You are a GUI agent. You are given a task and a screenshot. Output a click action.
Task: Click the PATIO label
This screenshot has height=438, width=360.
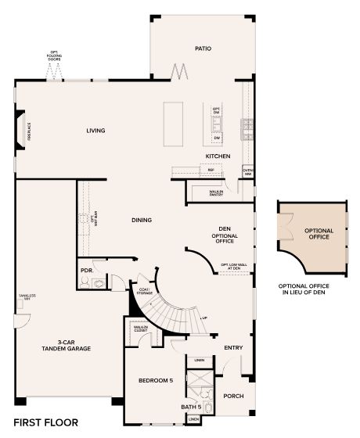point(203,48)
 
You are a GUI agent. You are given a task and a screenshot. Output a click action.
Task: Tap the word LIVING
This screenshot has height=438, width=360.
point(95,131)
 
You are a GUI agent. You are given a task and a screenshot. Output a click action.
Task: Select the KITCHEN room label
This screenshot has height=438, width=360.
point(217,156)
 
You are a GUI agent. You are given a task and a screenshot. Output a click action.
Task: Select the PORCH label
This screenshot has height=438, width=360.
point(233,396)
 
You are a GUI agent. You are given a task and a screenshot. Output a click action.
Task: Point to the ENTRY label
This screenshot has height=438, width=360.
point(233,347)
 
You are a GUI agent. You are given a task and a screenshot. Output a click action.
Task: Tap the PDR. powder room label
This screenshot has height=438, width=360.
point(87,273)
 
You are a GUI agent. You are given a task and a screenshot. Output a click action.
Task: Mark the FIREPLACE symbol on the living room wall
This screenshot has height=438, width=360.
point(21,128)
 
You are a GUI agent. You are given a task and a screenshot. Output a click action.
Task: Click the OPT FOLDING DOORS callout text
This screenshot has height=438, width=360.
point(55,57)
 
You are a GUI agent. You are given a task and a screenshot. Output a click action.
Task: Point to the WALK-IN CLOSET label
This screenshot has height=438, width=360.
point(141,329)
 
